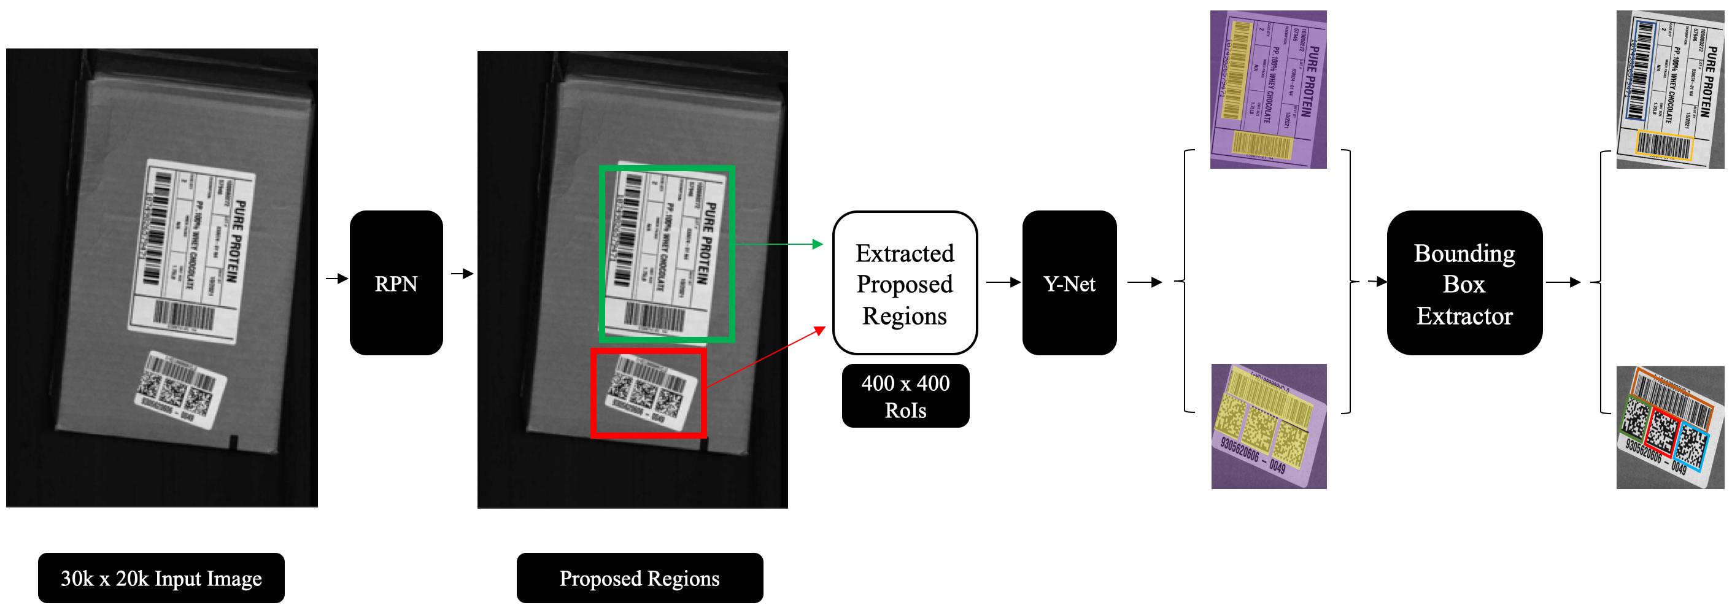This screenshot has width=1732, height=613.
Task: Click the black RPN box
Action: tap(396, 283)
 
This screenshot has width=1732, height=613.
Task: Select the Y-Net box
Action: tap(1069, 283)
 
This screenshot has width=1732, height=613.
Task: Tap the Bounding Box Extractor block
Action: tap(1464, 283)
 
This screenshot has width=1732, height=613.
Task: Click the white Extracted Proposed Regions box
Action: tap(904, 283)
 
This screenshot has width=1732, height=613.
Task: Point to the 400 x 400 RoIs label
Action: tap(905, 396)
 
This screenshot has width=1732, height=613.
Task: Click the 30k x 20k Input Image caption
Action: tap(161, 578)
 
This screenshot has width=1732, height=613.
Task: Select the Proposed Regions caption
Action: tap(640, 578)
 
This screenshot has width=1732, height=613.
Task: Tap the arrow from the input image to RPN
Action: tap(337, 278)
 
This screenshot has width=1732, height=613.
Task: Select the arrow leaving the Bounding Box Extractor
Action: tap(1563, 282)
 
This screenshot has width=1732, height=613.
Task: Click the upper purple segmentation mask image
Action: tap(1268, 90)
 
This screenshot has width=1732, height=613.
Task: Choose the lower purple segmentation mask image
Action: tap(1269, 426)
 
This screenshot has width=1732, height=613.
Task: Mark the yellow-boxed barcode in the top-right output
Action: tap(1663, 146)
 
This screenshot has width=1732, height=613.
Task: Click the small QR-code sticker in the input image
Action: tap(179, 389)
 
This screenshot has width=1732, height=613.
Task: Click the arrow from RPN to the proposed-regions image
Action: tap(462, 274)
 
